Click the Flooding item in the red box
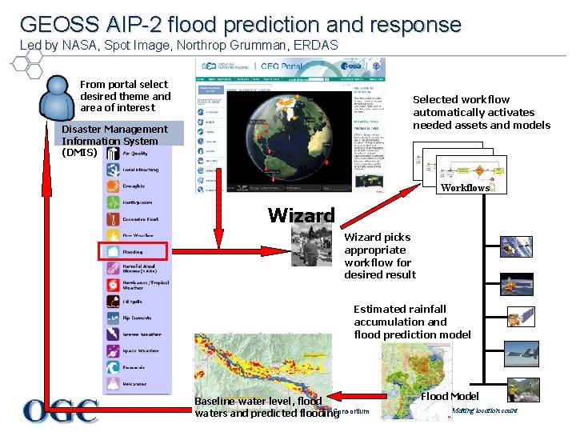pyautogui.click(x=133, y=251)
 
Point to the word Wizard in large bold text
pyautogui.click(x=301, y=214)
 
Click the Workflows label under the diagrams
pyautogui.click(x=465, y=188)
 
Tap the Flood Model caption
pyautogui.click(x=450, y=396)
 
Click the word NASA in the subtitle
pyautogui.click(x=88, y=45)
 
